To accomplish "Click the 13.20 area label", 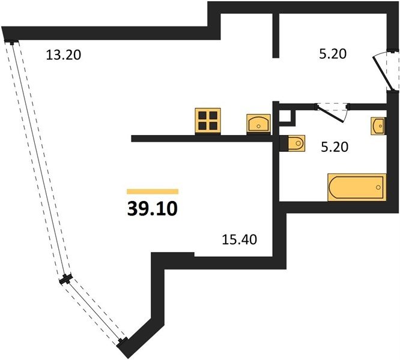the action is [64, 55].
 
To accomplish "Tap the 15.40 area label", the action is [240, 239].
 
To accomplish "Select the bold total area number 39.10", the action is [153, 209].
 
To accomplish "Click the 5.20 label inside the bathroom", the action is [335, 147].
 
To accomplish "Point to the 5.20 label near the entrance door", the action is [333, 54].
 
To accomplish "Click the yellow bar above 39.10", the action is [153, 191].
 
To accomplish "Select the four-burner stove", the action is [208, 121].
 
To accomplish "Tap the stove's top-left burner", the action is [202, 116].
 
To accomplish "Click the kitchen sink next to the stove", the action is [258, 124].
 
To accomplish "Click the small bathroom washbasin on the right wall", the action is [378, 126].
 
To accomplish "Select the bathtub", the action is [357, 187].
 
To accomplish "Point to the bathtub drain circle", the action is [378, 188].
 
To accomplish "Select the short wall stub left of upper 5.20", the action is [276, 35].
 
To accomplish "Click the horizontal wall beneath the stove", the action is [202, 139].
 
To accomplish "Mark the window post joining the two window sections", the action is [66, 279].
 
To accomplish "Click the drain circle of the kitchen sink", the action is [258, 126].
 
